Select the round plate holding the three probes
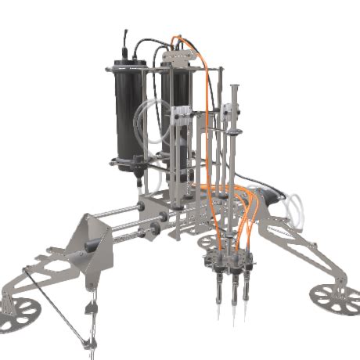[227, 262]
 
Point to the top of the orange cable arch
[178, 37]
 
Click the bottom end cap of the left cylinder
[128, 164]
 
